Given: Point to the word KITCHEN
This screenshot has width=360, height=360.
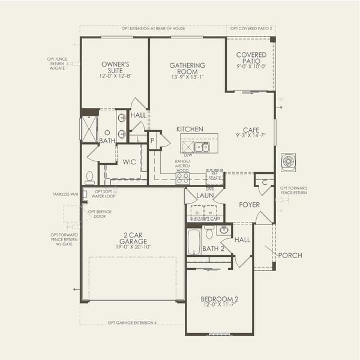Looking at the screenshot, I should tap(190, 129).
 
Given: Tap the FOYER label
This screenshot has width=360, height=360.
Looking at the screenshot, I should tap(249, 205).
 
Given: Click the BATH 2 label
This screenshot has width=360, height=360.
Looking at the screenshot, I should tap(213, 248).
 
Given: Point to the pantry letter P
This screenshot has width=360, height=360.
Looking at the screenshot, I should tap(152, 140).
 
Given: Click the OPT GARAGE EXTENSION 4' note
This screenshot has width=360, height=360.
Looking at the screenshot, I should tap(132, 323).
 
